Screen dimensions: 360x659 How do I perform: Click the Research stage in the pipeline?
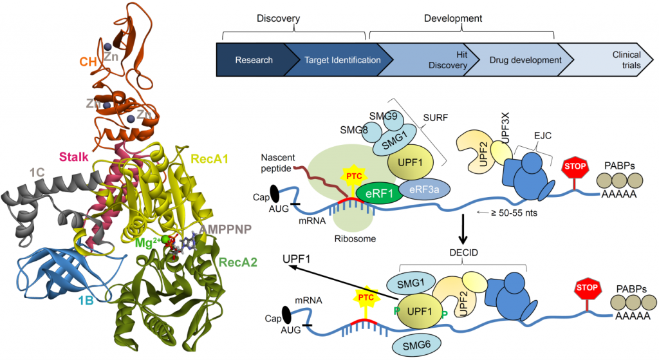coord(254,60)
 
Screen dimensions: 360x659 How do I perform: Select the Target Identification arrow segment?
coord(337,60)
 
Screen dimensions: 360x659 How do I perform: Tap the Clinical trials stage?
coord(617,60)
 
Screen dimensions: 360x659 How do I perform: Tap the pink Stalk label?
coord(75,156)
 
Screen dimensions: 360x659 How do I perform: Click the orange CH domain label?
coord(88,62)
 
